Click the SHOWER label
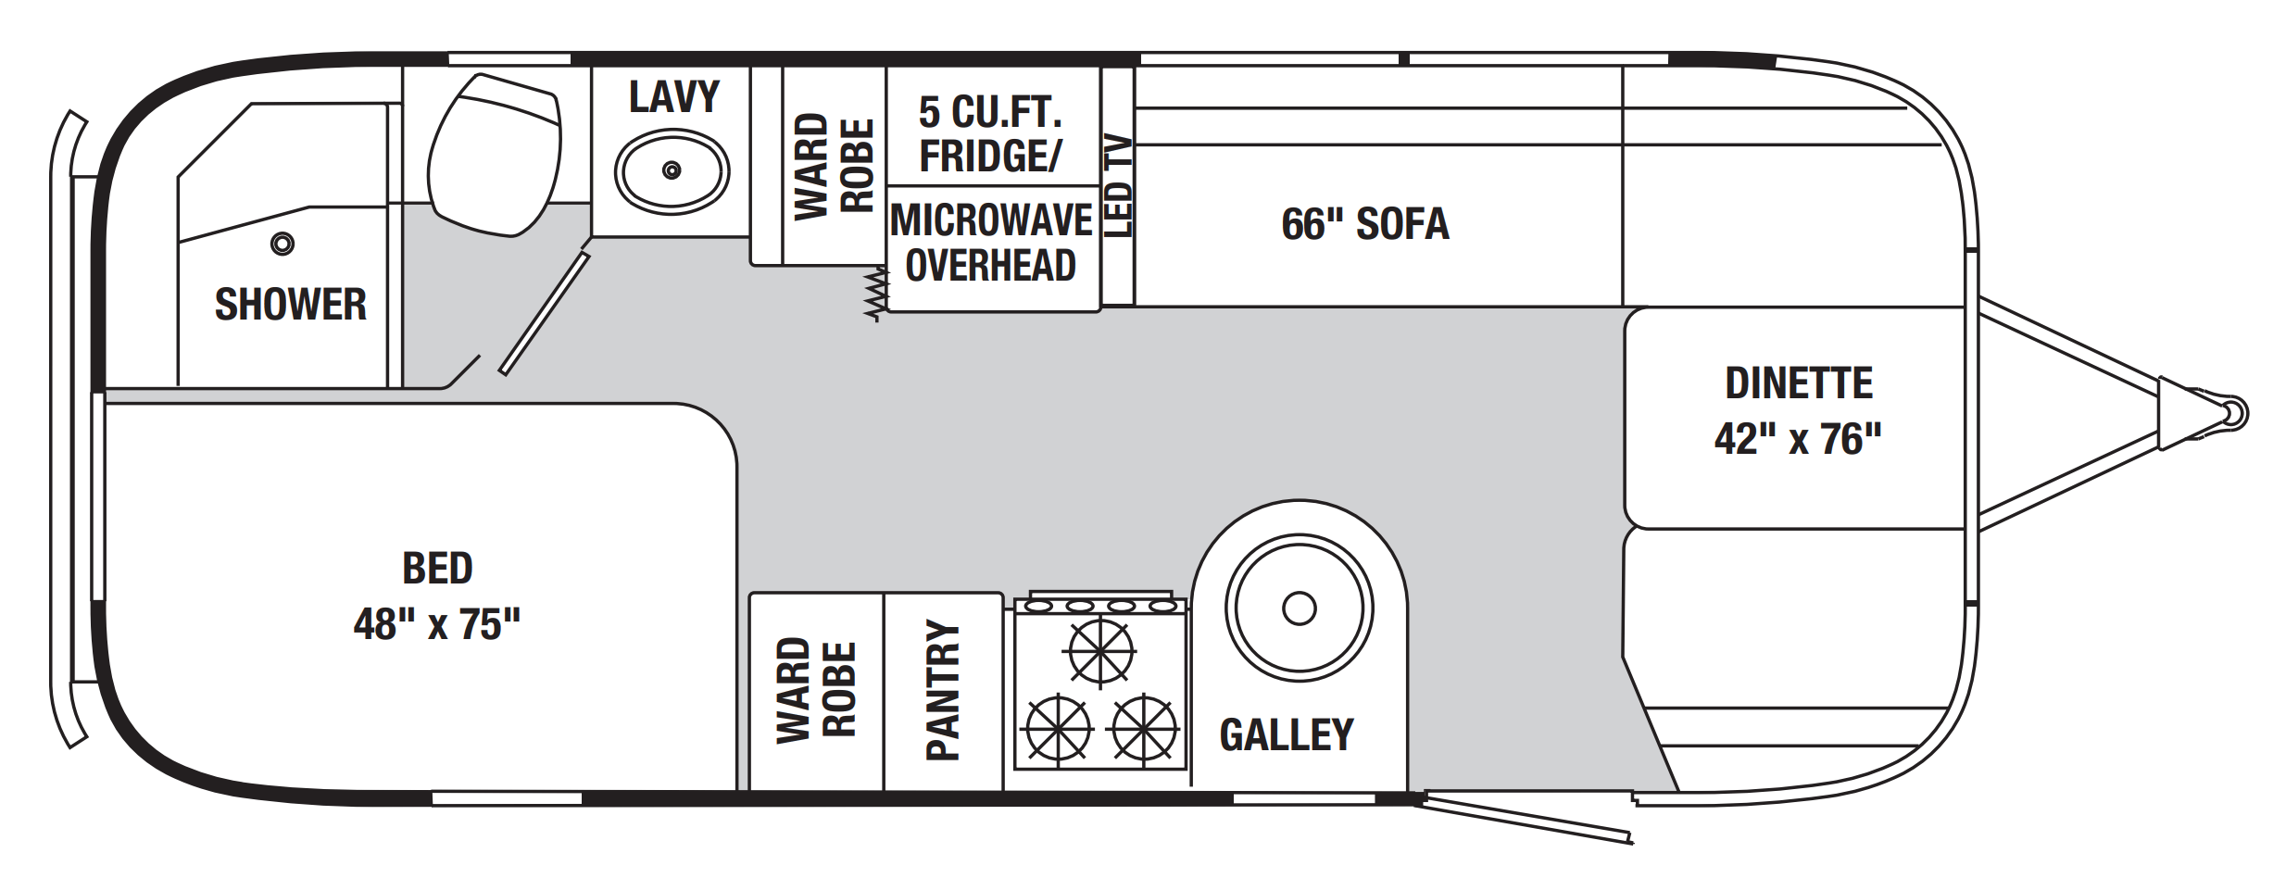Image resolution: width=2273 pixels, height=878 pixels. pos(291,305)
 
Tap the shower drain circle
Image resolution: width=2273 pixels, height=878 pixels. pos(283,244)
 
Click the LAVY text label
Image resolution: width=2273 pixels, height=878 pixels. pos(674,97)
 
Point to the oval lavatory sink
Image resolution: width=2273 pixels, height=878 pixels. pos(672,171)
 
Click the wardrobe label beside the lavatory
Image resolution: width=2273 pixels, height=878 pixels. pos(835,167)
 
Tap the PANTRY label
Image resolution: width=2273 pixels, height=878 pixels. pos(943,690)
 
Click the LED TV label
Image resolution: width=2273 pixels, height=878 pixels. pos(1118,186)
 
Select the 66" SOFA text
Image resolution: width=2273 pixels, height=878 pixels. pos(1365,224)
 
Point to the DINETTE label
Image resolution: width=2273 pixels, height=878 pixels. pos(1799,383)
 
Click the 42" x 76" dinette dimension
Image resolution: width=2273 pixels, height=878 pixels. pos(1798,439)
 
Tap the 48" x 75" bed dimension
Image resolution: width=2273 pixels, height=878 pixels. pos(437,624)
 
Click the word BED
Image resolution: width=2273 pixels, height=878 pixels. pos(437,569)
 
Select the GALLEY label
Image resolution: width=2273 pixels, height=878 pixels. pos(1287,735)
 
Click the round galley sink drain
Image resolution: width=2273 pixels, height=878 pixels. pos(1300,608)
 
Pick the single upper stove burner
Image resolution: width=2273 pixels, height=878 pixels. pos(1100,652)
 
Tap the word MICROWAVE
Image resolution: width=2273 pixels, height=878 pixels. pos(991,220)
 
